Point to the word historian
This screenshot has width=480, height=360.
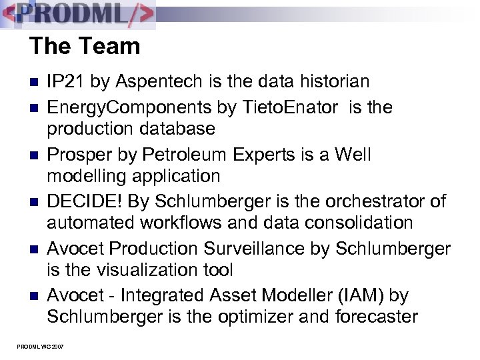331,81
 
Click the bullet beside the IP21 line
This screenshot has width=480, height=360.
35,83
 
